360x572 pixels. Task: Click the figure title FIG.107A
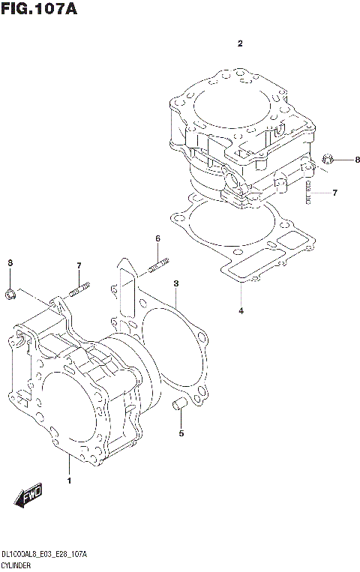(40, 10)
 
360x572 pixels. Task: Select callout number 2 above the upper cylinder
(240, 44)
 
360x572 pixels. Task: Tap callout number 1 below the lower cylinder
(69, 480)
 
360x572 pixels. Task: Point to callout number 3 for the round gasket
(175, 283)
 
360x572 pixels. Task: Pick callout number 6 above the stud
(158, 238)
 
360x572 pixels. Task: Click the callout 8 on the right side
(336, 160)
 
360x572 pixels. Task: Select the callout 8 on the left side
(9, 262)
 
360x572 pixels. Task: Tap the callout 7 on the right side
(334, 193)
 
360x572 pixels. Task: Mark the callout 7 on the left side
(78, 265)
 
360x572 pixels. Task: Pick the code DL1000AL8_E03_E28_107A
(44, 554)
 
